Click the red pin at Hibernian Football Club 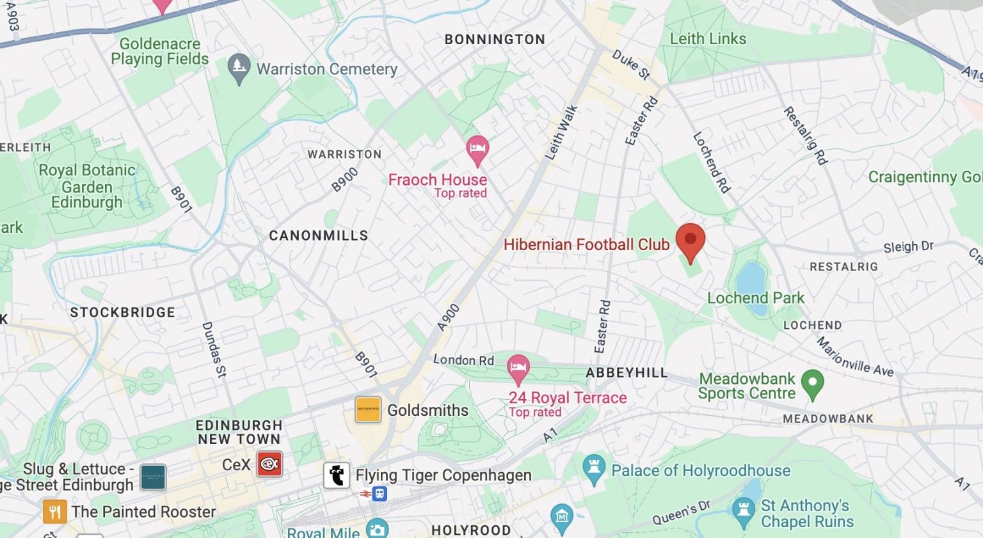click(x=690, y=241)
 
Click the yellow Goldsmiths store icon click(x=368, y=409)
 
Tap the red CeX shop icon click(x=269, y=464)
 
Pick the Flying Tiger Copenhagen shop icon click(x=337, y=475)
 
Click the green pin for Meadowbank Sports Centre click(x=812, y=384)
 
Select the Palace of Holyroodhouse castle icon click(x=594, y=469)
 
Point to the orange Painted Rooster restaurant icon click(x=55, y=512)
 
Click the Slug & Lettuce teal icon click(x=153, y=477)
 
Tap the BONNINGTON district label click(x=495, y=40)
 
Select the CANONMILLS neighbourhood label click(x=318, y=235)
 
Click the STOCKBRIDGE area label click(x=122, y=312)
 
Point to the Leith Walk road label click(x=561, y=132)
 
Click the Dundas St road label click(x=214, y=349)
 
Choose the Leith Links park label click(x=708, y=39)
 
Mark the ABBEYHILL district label click(x=627, y=373)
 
